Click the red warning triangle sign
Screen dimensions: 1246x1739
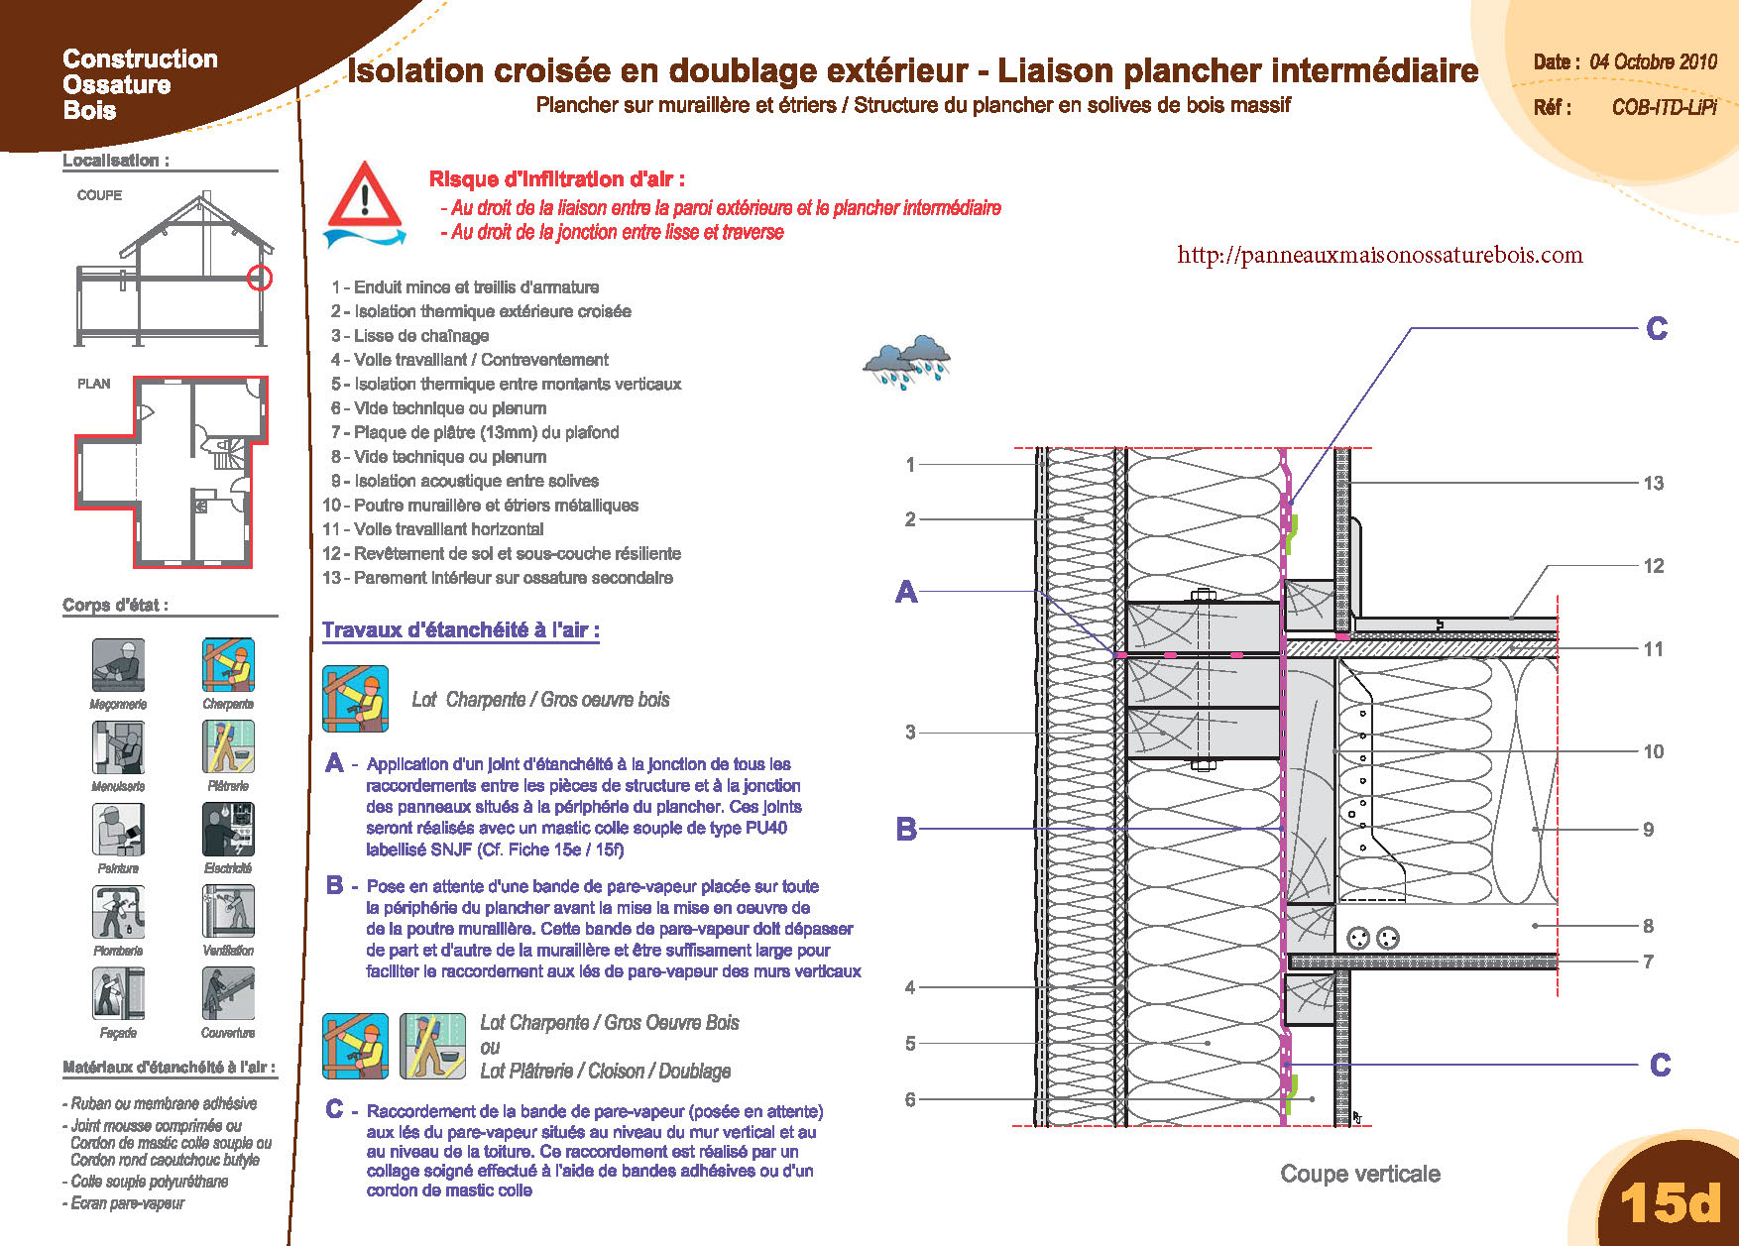[366, 196]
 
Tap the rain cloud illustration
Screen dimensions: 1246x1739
[906, 363]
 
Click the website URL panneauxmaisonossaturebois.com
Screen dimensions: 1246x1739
[1379, 255]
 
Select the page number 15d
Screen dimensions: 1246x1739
[1670, 1202]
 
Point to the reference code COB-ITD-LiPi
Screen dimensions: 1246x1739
[1664, 107]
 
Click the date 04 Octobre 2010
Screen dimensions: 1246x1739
[1653, 61]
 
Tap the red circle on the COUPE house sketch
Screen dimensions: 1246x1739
[260, 279]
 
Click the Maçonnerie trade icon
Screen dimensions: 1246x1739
[119, 664]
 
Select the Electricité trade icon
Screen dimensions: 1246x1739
[228, 829]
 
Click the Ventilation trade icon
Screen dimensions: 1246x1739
[228, 911]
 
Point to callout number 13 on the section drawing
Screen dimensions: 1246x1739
[1653, 484]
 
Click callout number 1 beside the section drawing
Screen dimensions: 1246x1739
[910, 464]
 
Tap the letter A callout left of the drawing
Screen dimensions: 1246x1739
[906, 592]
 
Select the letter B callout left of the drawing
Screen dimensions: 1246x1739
[906, 829]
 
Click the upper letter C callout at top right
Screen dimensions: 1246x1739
[1657, 328]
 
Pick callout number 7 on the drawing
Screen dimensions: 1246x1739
[1648, 962]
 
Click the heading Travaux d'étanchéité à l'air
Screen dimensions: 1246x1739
[461, 630]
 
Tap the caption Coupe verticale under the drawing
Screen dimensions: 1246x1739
[1360, 1174]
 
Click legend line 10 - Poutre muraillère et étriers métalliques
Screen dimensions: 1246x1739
[481, 506]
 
